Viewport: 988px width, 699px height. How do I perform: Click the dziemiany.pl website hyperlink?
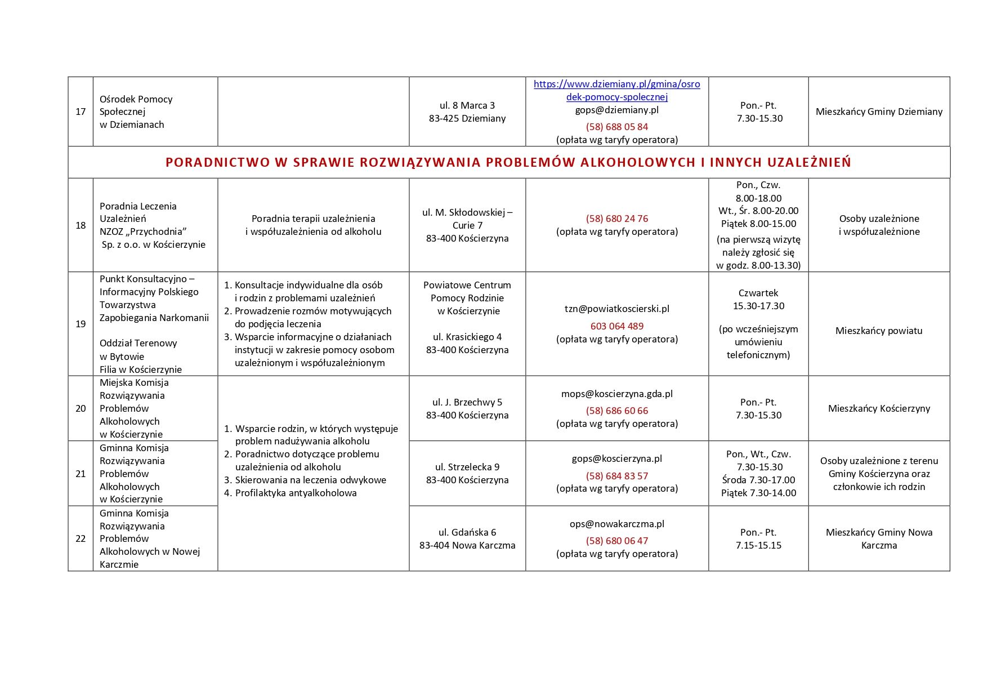tap(616, 90)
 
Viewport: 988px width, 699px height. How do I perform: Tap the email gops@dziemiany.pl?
tap(616, 110)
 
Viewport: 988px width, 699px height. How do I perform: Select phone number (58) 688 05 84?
tap(616, 127)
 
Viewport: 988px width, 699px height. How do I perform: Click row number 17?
tap(81, 112)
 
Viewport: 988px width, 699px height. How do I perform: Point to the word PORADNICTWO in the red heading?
tap(216, 162)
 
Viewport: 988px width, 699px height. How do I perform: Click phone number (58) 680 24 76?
tap(616, 219)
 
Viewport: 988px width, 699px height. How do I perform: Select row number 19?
tap(81, 324)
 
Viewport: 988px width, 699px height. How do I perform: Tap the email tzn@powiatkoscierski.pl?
tap(616, 309)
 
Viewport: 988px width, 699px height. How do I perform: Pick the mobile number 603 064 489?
tap(616, 326)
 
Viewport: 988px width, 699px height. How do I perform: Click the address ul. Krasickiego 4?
tap(467, 337)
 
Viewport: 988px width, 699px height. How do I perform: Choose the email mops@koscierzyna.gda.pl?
tap(616, 394)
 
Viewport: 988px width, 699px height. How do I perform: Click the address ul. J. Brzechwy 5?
tap(467, 402)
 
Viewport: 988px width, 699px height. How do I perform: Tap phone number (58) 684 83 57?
tap(616, 476)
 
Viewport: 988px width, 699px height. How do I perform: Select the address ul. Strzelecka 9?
tap(467, 467)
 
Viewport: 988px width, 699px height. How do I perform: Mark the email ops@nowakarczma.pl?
tap(616, 524)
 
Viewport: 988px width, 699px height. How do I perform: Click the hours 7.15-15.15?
tap(758, 545)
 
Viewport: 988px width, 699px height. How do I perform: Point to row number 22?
tap(81, 538)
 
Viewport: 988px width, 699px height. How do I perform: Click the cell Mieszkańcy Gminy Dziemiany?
tap(879, 112)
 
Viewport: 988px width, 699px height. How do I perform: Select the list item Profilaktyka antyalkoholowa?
tap(296, 493)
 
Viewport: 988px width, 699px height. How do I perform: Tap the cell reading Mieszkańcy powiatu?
tap(879, 331)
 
